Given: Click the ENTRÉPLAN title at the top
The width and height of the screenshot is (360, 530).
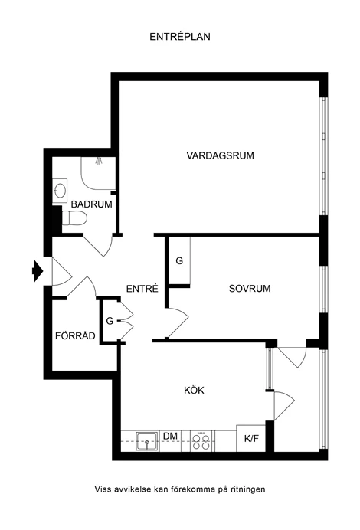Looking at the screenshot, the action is pyautogui.click(x=180, y=37).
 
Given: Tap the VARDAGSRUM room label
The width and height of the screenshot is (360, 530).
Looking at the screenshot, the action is pyautogui.click(x=220, y=155).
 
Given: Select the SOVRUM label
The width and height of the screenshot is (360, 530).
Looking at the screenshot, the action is pyautogui.click(x=250, y=289).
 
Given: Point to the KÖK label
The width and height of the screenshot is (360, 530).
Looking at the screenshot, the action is pyautogui.click(x=194, y=390).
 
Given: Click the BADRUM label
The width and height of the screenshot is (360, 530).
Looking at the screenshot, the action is pyautogui.click(x=92, y=204).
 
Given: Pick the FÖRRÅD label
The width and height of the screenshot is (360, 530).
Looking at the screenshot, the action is pyautogui.click(x=75, y=336).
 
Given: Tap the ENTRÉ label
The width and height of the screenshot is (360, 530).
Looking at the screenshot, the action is pyautogui.click(x=142, y=289).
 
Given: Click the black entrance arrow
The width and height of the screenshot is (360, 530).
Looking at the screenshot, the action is pyautogui.click(x=38, y=271).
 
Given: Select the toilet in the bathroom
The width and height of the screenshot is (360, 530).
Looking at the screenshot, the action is pyautogui.click(x=74, y=218).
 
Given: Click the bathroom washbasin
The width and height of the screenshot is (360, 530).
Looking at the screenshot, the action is pyautogui.click(x=60, y=191).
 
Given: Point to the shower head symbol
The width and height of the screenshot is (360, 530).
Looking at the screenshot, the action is pyautogui.click(x=99, y=160).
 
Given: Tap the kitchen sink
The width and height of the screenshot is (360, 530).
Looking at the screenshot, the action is pyautogui.click(x=147, y=441).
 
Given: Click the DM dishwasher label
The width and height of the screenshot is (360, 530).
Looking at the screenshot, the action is pyautogui.click(x=170, y=436).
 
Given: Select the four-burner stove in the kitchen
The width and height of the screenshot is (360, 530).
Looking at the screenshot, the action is pyautogui.click(x=201, y=441).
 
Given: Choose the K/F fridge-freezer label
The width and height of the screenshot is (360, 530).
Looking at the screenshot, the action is pyautogui.click(x=251, y=439).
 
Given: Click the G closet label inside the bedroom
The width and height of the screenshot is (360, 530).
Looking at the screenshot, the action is pyautogui.click(x=179, y=260).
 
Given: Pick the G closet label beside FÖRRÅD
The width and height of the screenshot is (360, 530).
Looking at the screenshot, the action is pyautogui.click(x=110, y=321).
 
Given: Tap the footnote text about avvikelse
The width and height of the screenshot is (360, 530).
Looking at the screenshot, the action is pyautogui.click(x=180, y=489).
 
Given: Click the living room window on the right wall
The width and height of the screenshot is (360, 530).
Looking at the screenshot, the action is pyautogui.click(x=323, y=155).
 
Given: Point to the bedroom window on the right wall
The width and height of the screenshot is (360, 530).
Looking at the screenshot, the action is pyautogui.click(x=323, y=290).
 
